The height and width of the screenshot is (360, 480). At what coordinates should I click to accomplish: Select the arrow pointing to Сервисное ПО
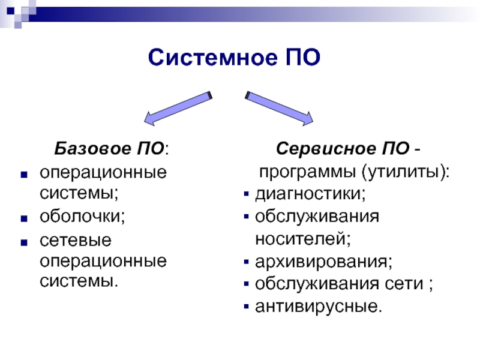click(278, 109)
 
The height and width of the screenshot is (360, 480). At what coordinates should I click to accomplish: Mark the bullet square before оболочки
click(24, 217)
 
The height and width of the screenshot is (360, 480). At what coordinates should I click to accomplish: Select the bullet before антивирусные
click(247, 307)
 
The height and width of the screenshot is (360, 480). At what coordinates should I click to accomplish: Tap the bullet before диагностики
click(247, 195)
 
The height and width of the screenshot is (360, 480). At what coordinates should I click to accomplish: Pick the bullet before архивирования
click(247, 262)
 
